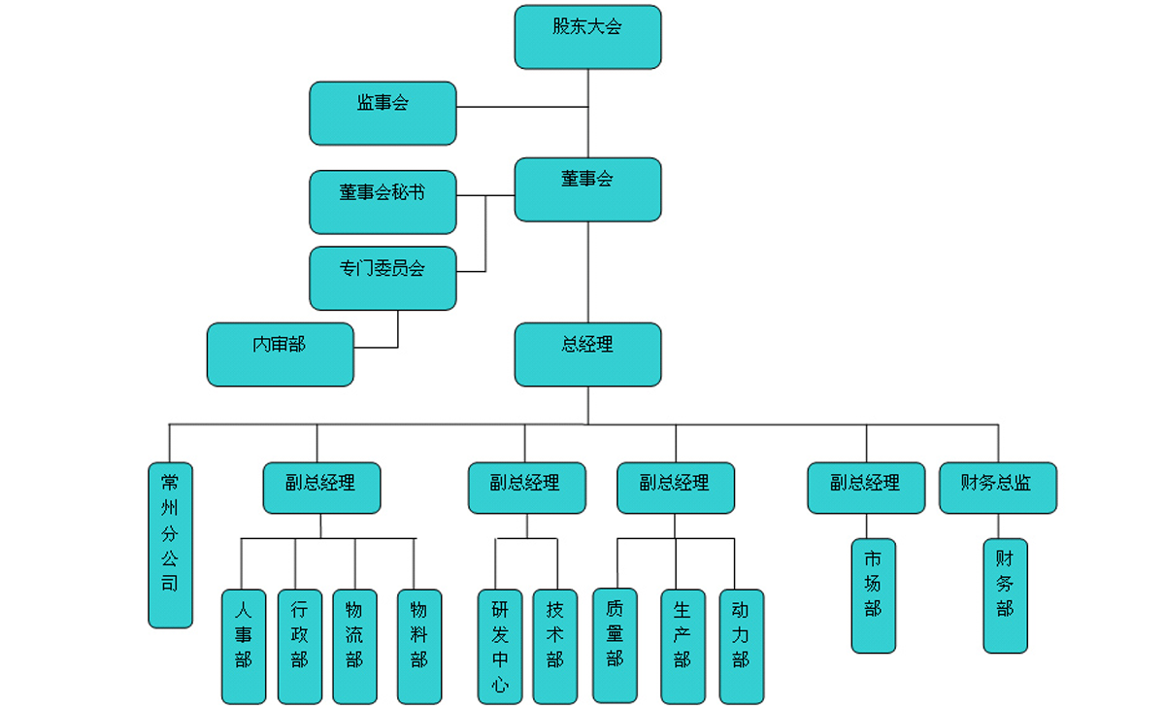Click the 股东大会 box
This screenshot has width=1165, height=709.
587,37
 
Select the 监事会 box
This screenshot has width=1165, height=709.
383,113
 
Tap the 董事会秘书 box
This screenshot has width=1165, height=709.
383,202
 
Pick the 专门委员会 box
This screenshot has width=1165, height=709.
383,278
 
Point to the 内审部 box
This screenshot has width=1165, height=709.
280,354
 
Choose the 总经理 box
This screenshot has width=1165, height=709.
587,354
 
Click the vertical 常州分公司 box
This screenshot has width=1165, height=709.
170,544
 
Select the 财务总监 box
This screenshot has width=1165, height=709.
997,488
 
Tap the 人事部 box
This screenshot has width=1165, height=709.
243,646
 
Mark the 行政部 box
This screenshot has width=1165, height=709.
299,646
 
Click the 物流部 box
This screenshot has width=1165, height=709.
354,646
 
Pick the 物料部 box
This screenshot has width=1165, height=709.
419,646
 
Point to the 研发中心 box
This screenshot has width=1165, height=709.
499,646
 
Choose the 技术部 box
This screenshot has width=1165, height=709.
554,646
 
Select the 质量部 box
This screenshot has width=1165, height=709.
615,645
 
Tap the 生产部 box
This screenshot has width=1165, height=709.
682,646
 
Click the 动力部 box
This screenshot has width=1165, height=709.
741,646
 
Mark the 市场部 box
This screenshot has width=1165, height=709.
873,595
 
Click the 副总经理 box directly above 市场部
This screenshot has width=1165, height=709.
865,488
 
